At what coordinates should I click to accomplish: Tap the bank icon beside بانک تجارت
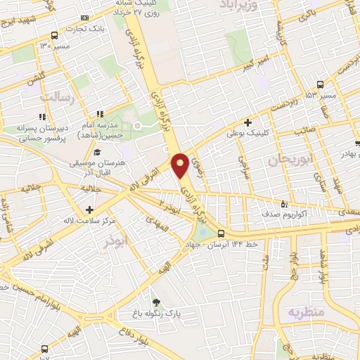(86, 18)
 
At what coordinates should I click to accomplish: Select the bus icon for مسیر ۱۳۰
(55, 34)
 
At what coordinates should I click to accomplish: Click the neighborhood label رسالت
(58, 96)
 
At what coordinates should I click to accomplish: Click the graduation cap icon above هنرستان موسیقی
(96, 152)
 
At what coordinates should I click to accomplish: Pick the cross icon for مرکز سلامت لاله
(89, 210)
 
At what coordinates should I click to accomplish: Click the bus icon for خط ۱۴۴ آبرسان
(221, 233)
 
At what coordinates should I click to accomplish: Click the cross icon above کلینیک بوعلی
(248, 122)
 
